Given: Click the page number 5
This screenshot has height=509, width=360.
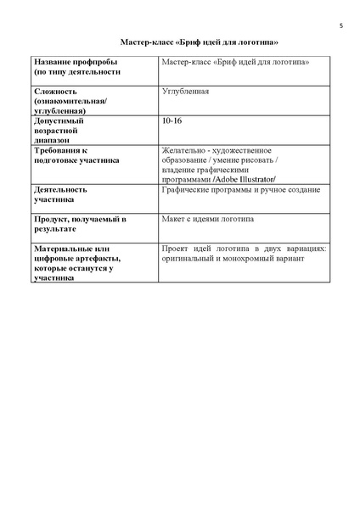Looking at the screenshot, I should click(x=340, y=25).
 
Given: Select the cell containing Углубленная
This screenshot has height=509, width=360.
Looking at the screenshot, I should click(x=184, y=91).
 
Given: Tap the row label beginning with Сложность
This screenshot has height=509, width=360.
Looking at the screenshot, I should click(x=55, y=91).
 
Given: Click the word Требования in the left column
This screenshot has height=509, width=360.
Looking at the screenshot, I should click(x=60, y=150).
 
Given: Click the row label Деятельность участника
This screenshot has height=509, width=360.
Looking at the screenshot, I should click(x=60, y=194).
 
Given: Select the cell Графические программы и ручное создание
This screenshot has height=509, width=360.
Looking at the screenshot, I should click(x=239, y=190).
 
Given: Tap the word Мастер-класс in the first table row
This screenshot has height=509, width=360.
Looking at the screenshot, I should click(x=186, y=63).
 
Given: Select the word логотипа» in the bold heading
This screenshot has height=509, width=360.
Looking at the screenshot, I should click(x=260, y=42).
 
